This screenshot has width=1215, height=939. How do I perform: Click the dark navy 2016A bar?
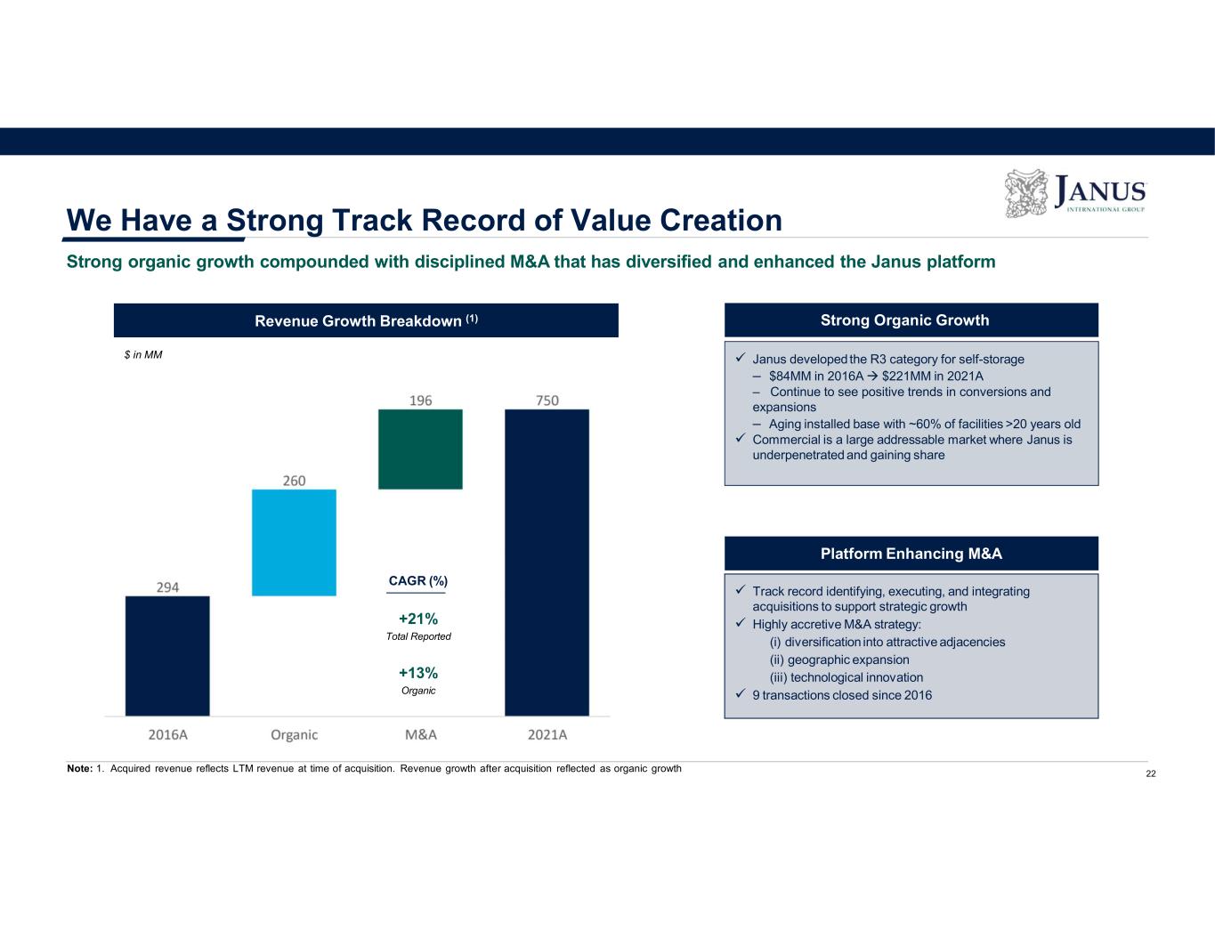[167, 655]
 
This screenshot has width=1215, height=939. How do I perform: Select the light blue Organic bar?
[294, 542]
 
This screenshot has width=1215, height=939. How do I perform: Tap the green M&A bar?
[420, 449]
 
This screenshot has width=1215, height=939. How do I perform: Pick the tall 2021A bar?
[547, 562]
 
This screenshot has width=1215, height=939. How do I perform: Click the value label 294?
[168, 587]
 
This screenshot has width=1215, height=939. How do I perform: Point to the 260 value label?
[294, 481]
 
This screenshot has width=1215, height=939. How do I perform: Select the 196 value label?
[420, 401]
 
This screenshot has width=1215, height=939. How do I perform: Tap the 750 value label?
[547, 401]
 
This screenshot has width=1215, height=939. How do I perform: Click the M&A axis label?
[420, 734]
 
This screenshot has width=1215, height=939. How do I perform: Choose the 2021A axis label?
[547, 734]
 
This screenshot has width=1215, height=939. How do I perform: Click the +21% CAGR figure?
[418, 619]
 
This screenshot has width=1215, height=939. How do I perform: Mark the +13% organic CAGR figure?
[418, 673]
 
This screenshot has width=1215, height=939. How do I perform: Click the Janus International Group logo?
[1075, 193]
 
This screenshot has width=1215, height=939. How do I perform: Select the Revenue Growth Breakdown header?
[366, 320]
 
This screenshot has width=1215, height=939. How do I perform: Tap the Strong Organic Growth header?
[911, 320]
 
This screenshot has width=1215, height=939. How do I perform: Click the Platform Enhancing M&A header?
[911, 554]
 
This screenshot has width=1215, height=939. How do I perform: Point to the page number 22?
[1151, 774]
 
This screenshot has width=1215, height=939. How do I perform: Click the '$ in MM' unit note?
[143, 354]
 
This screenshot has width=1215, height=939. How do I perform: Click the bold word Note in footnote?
[79, 769]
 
